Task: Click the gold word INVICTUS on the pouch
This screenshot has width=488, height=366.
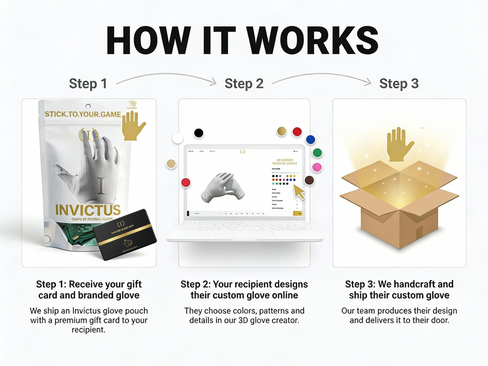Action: coord(88,210)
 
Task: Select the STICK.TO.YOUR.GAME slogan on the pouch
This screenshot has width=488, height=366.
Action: coord(83,114)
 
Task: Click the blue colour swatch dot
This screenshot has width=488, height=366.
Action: coord(310,140)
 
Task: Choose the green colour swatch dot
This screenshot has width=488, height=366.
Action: coord(317,153)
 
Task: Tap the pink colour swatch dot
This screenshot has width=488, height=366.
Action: coord(317,167)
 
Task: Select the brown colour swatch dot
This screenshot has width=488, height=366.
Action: coord(309,180)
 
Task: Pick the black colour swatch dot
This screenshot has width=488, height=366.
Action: coord(199,133)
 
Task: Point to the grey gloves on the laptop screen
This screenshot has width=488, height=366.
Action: coord(223,187)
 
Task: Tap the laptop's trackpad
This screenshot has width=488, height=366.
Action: coord(244,234)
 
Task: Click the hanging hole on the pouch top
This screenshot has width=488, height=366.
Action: coord(88,106)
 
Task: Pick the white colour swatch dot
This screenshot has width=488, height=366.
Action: coord(177,138)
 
